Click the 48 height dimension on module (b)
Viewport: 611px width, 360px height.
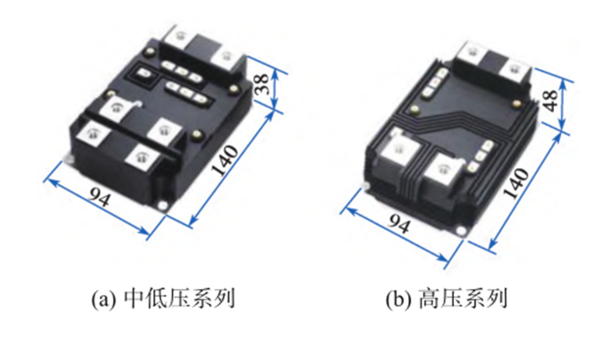[x=551, y=101]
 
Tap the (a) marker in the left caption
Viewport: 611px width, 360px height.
[x=104, y=298]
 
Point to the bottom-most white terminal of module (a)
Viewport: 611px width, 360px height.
[x=141, y=159]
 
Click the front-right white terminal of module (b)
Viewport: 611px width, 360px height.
[x=447, y=166]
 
